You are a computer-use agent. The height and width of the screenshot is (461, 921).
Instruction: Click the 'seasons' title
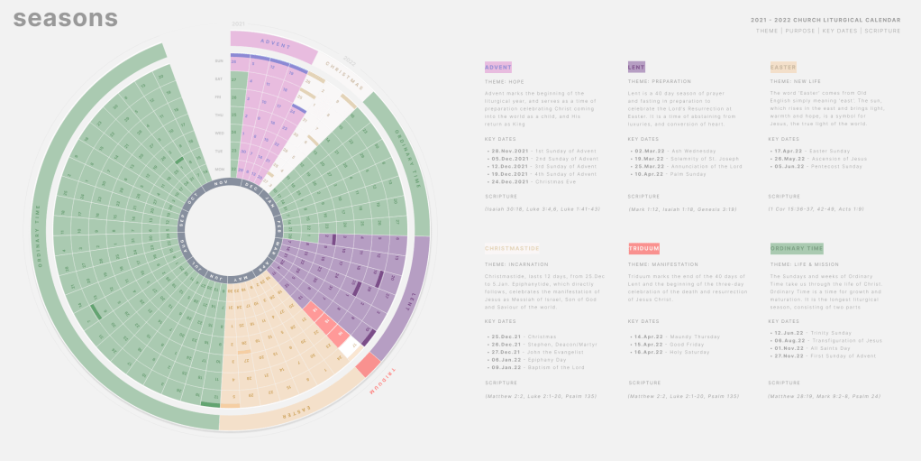66,18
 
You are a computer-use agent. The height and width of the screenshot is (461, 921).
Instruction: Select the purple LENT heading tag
636,67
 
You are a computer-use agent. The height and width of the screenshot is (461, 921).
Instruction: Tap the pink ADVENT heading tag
497,67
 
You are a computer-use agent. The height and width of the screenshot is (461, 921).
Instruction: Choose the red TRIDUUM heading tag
644,248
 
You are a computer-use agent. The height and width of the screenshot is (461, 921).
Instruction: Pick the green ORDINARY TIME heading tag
797,248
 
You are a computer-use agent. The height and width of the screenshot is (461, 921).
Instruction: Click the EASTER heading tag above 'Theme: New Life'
783,67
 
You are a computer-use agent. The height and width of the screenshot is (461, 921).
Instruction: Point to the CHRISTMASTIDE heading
511,248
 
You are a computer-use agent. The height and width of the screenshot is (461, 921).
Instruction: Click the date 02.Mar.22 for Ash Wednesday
648,150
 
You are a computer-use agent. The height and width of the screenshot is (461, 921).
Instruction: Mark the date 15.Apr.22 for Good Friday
648,344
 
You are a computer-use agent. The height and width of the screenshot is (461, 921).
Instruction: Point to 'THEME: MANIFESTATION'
664,263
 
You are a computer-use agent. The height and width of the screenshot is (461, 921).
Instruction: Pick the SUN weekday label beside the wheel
219,61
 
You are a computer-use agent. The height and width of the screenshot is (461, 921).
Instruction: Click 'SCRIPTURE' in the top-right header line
883,31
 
